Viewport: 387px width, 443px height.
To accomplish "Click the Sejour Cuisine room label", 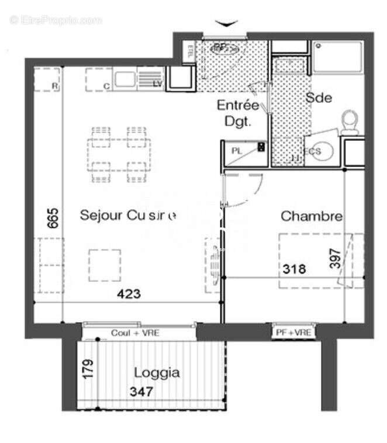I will tap(127, 216).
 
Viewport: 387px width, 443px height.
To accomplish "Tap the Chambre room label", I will tap(312, 216).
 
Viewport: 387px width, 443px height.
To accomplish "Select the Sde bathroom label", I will tap(319, 98).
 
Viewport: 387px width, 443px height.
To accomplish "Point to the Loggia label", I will tap(157, 372).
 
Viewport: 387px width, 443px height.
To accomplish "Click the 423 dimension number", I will tap(129, 294).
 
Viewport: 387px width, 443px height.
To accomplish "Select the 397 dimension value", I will tap(335, 258).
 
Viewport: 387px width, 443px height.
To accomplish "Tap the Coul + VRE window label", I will tap(135, 333).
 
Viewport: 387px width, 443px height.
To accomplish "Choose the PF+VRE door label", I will tap(294, 333).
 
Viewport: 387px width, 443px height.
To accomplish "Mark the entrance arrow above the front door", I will tap(226, 23).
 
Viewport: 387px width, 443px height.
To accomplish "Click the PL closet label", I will tap(236, 151).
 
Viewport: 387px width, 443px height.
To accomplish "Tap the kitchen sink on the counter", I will tap(125, 78).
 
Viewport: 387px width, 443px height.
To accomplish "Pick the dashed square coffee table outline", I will tap(105, 265).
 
